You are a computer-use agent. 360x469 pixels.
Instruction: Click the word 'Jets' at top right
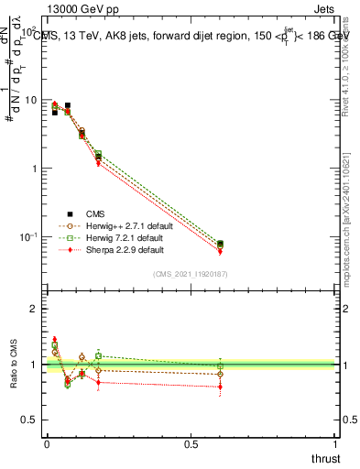point(324,7)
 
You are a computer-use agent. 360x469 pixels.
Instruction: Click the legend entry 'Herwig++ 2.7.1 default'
point(119,225)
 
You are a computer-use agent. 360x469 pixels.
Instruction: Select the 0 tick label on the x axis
point(46,445)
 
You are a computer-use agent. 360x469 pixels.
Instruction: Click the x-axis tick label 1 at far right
point(335,445)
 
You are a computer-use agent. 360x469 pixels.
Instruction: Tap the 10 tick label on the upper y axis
point(30,100)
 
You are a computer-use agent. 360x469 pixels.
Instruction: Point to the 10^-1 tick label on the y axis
point(27,237)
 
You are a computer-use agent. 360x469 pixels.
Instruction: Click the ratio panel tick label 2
point(34,310)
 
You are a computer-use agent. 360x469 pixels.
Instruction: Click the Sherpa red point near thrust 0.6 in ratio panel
point(220,387)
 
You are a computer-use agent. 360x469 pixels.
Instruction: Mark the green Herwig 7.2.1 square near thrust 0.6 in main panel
point(220,244)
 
